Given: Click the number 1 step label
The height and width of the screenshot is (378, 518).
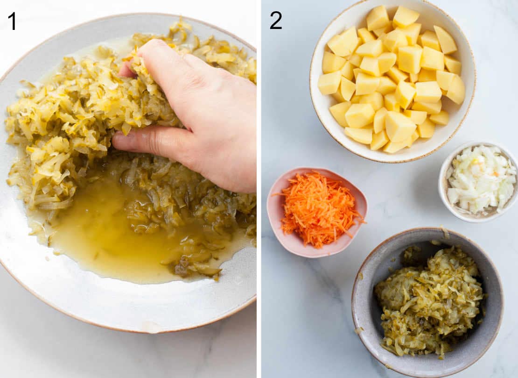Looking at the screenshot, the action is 13,21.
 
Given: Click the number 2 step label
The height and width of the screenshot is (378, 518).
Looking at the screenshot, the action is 275,21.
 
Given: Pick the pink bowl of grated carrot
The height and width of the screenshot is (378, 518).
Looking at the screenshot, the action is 316,212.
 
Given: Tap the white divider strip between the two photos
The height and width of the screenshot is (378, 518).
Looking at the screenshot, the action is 259,189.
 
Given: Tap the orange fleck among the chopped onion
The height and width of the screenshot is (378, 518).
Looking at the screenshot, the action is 496,174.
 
